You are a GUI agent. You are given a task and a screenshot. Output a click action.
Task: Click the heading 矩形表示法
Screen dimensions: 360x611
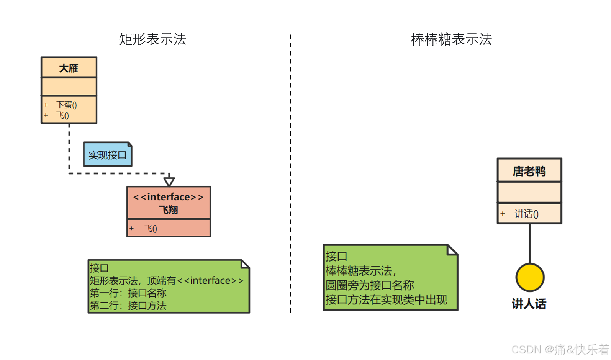point(152,39)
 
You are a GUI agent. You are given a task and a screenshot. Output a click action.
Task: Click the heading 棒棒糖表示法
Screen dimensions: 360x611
point(451,39)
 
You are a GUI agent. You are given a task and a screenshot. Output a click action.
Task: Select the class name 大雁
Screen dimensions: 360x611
point(69,68)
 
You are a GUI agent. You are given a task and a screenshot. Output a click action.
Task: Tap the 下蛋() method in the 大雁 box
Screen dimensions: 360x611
point(67,105)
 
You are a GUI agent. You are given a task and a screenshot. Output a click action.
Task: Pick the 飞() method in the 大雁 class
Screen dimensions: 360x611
point(63,115)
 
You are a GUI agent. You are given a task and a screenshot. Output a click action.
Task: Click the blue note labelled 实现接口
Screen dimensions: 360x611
point(107,155)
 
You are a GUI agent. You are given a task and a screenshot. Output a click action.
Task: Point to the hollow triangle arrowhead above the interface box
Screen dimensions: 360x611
point(169,181)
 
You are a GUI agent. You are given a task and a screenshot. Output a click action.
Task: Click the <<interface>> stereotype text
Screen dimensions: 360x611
point(169,197)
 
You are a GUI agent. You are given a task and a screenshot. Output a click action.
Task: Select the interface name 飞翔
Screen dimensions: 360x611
point(169,210)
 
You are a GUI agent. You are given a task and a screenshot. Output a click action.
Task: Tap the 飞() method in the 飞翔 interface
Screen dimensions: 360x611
point(151,229)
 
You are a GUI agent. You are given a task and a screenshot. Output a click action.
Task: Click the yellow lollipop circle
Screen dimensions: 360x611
point(530,277)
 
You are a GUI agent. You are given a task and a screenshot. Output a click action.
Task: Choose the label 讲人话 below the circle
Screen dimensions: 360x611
point(529,304)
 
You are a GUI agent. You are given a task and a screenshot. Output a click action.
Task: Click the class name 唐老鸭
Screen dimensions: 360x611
point(529,171)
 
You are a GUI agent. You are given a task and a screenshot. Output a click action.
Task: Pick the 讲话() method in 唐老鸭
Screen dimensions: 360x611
point(526,214)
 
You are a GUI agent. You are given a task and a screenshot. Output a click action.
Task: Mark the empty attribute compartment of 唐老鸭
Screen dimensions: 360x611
point(529,192)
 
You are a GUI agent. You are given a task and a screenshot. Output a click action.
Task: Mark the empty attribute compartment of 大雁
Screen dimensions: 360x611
point(69,87)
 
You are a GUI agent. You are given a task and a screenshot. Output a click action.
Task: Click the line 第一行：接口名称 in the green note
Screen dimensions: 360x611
point(128,293)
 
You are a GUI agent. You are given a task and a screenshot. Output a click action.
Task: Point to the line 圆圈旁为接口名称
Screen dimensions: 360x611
point(370,285)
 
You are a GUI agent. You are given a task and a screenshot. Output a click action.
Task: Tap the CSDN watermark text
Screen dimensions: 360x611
point(560,349)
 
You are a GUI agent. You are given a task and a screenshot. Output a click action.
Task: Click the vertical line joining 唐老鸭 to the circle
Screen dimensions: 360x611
point(530,244)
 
